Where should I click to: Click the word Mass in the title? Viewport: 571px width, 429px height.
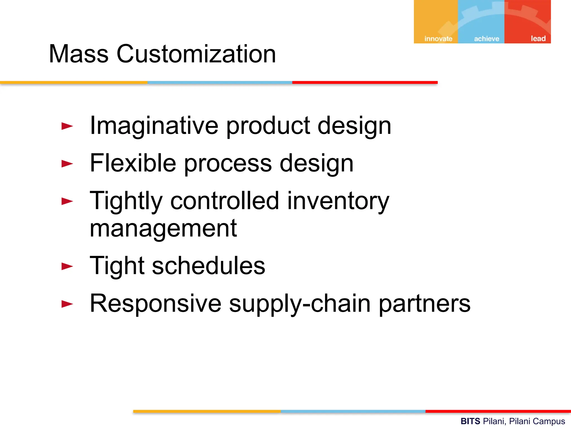pos(79,54)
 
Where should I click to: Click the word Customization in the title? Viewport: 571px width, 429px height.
pos(196,54)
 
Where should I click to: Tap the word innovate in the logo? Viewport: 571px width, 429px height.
pos(438,39)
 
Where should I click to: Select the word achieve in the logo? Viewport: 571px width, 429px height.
pos(487,39)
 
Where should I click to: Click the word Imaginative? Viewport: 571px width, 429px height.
pos(154,126)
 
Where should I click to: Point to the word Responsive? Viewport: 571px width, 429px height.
pos(155,304)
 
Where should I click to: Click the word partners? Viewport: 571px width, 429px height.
pos(424,304)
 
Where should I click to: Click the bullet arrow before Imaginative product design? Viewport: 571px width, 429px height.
pos(67,126)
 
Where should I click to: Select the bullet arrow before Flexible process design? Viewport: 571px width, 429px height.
pos(67,164)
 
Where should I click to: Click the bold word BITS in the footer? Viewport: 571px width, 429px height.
pos(470,421)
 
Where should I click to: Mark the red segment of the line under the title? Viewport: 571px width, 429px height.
pos(365,82)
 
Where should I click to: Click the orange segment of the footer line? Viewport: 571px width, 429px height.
pos(207,411)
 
